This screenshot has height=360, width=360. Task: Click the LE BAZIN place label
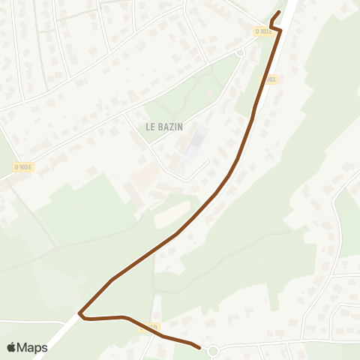tap(164, 127)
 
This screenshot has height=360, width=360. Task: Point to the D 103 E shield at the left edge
tap(22, 166)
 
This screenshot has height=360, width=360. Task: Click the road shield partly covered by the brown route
tap(148, 328)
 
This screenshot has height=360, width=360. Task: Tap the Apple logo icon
tap(12, 347)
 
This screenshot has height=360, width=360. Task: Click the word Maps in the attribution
tap(32, 347)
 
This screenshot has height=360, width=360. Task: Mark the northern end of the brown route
tap(279, 12)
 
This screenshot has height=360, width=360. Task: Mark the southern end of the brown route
tap(199, 347)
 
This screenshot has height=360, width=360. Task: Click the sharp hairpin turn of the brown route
tap(79, 312)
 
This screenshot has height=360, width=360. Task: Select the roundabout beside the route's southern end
tap(213, 350)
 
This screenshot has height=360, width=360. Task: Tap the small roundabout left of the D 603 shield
tap(240, 52)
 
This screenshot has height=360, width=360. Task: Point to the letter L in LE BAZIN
tap(148, 127)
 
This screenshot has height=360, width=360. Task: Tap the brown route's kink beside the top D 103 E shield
tap(279, 29)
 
